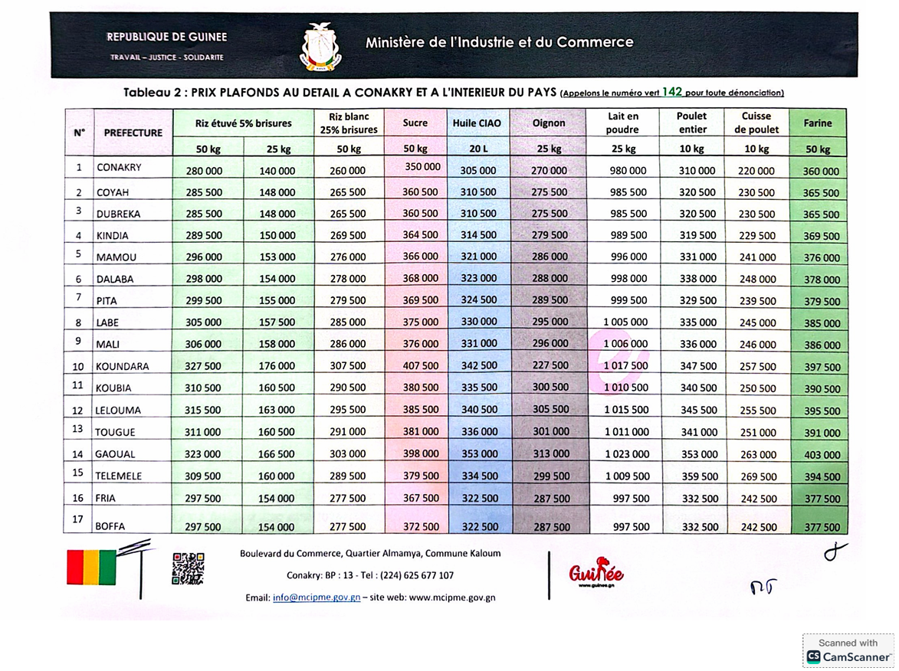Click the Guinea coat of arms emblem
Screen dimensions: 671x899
[320, 47]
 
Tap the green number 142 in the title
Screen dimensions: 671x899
[672, 92]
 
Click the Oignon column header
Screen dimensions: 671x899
[549, 123]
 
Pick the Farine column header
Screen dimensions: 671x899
[818, 123]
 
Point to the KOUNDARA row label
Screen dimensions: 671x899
[123, 367]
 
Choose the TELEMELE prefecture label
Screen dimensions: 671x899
[119, 476]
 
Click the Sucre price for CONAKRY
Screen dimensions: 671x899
[422, 166]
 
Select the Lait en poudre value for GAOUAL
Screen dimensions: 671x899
[626, 454]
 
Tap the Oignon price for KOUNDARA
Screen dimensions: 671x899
[550, 366]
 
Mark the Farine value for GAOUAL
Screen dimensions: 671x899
[822, 455]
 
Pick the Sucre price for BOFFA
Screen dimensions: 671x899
[421, 527]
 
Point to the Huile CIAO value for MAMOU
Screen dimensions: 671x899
[478, 257]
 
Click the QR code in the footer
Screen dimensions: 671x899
[188, 568]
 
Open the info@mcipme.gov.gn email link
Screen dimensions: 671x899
[317, 597]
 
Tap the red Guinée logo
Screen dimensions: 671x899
[596, 574]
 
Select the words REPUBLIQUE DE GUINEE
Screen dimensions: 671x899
[166, 37]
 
